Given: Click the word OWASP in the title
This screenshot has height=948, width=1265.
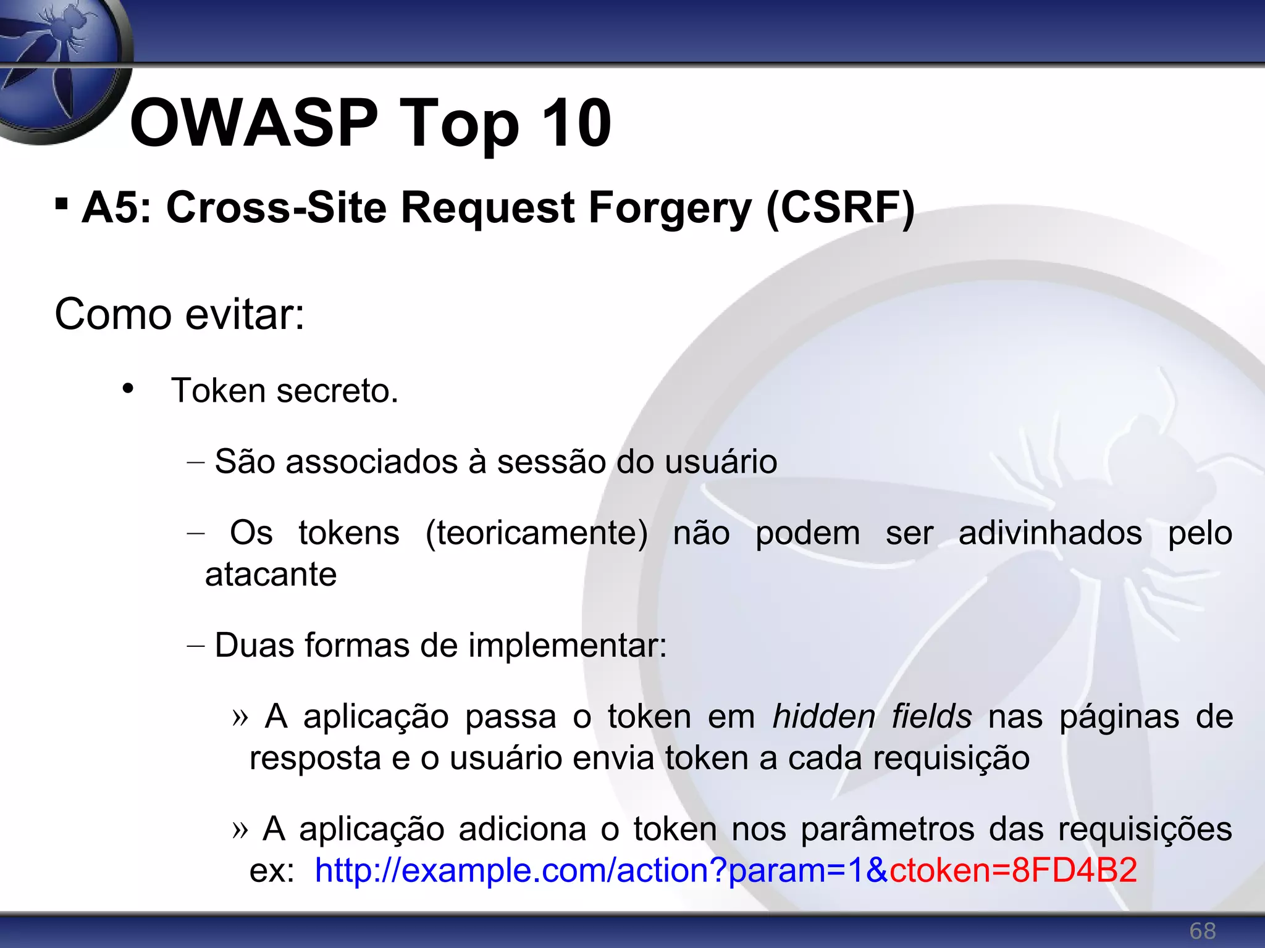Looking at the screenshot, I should point(253,123).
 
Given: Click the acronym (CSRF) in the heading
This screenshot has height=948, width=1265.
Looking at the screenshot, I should point(840,209).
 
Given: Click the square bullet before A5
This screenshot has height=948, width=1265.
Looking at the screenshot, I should point(61,203).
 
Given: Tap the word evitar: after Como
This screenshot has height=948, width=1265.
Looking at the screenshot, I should point(245,315).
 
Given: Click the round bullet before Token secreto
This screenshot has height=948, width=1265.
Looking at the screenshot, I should point(128,389).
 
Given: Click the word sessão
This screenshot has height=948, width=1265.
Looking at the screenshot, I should point(551,462).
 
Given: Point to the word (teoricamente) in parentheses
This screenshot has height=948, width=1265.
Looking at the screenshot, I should point(536,533).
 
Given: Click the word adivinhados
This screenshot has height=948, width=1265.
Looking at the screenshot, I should point(1050,533).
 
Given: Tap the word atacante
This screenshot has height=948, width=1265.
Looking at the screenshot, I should point(271,575).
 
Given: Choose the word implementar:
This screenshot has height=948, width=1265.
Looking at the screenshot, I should point(567,646).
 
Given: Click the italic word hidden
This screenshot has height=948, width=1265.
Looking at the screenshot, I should point(824,717).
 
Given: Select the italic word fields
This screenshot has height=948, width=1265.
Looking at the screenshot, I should point(931,717).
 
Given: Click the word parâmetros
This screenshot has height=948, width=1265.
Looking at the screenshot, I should point(887,829).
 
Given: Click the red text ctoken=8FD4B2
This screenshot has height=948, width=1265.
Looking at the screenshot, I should point(1013,871).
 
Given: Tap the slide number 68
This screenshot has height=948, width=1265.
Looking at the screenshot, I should point(1203,931).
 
